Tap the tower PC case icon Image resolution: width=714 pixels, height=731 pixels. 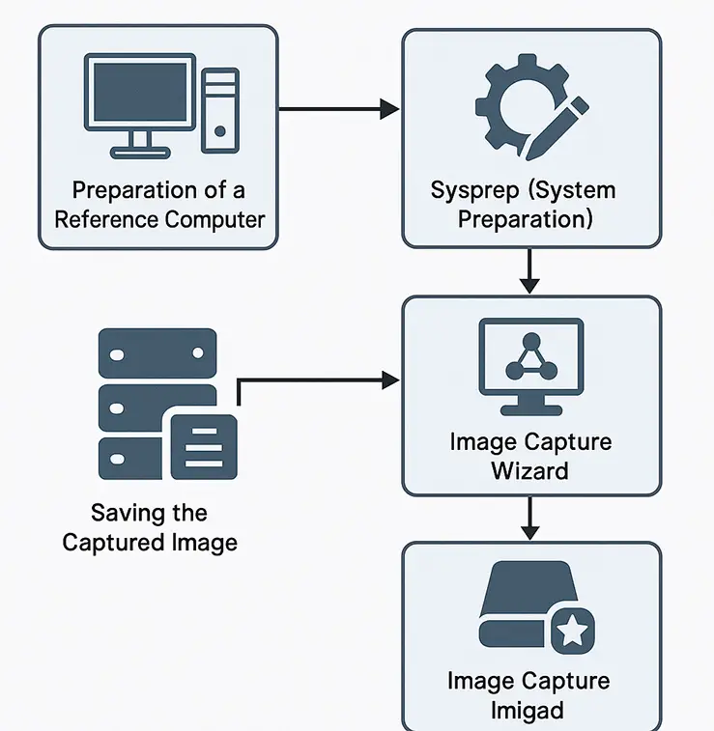[220, 109]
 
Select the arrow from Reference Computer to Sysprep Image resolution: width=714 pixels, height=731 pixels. [338, 109]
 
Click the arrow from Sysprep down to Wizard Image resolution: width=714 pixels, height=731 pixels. [528, 271]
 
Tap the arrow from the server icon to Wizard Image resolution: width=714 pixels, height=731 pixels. [319, 380]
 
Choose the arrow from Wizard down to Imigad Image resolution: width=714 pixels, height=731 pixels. [528, 519]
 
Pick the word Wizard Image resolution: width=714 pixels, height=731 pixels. [529, 471]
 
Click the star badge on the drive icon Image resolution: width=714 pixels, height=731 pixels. [572, 633]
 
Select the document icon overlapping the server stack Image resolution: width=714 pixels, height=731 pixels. [204, 445]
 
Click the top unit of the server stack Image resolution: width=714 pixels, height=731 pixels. [156, 353]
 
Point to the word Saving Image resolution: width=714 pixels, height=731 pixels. [124, 513]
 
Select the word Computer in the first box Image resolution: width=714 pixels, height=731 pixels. [214, 219]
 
